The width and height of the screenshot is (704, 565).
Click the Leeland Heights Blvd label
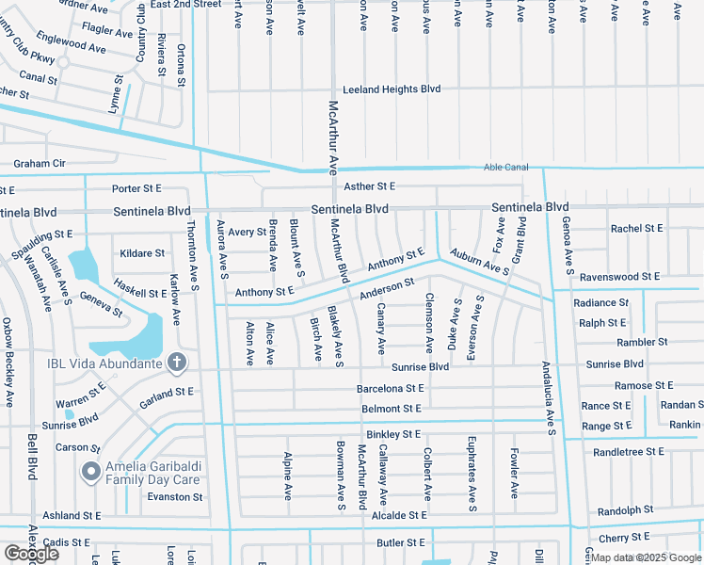coord(392,89)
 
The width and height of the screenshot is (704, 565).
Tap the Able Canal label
coord(506,167)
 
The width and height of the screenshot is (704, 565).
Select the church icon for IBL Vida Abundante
coord(177,362)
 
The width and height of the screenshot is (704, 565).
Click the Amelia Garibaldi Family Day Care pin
coord(91,471)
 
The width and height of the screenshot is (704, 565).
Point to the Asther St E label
coord(369,186)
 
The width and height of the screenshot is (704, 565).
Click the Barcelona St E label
coord(390,388)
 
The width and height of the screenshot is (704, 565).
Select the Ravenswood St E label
coord(620,277)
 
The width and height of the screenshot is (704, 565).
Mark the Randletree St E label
coord(628,452)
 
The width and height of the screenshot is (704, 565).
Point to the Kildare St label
coord(142,253)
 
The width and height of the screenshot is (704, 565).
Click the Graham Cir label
coord(40,163)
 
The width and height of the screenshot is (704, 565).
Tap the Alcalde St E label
coord(399,515)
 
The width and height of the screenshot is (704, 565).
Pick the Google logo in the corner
coord(31,554)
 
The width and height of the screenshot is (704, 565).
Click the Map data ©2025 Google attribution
coord(646,558)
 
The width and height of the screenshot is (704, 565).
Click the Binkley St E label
coord(393,434)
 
